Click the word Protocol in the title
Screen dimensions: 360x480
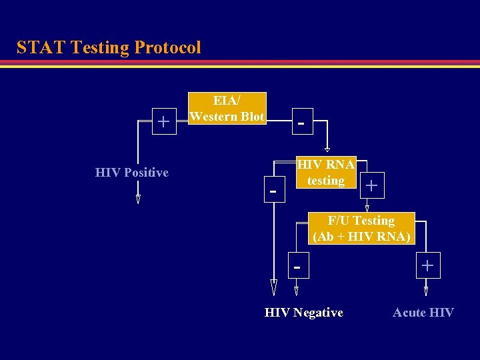(x=167, y=48)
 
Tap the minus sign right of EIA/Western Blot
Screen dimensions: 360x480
(x=302, y=123)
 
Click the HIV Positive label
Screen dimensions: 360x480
(x=132, y=173)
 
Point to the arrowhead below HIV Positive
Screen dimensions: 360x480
(x=138, y=199)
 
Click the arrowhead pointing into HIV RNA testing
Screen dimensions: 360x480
(x=327, y=150)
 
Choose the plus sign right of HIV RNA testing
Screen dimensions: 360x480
(x=371, y=186)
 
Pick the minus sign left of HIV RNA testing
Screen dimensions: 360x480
(x=272, y=190)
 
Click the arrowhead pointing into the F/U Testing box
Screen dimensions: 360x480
(x=367, y=208)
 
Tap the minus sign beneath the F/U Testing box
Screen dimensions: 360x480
(x=297, y=267)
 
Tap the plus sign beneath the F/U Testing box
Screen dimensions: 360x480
(x=427, y=266)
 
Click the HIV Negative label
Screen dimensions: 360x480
(x=304, y=313)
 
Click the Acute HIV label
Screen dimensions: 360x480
(x=423, y=313)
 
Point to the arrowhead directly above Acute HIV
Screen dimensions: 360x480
(x=427, y=291)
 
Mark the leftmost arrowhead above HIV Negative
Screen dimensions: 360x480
(x=273, y=287)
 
